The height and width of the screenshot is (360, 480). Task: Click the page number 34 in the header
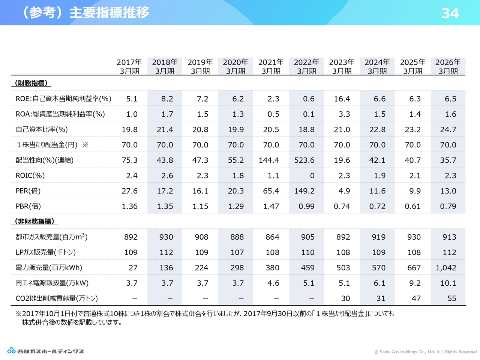click(450, 13)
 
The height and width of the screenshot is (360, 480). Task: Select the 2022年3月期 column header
click(306, 66)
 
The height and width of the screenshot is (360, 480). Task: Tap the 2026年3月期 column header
click(448, 66)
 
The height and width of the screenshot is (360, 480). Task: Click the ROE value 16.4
click(342, 99)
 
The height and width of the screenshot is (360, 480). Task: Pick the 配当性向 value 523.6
click(304, 160)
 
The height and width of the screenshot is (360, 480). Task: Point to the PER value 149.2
click(304, 191)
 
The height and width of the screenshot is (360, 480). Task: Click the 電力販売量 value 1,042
click(446, 268)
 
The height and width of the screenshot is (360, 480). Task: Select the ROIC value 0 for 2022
click(312, 175)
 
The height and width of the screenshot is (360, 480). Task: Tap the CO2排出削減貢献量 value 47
click(416, 298)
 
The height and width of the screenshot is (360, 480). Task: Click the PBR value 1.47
click(271, 206)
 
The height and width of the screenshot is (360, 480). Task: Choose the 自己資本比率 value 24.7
click(448, 129)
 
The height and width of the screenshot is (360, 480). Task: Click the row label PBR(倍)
click(28, 206)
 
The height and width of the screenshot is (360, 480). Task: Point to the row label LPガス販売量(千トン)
click(46, 252)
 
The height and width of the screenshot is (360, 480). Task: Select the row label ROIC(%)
click(30, 175)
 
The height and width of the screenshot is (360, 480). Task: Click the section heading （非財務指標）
click(34, 221)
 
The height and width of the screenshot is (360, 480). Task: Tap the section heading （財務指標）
click(31, 83)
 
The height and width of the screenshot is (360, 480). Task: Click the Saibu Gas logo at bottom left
click(45, 351)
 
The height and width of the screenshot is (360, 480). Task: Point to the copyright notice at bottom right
click(425, 352)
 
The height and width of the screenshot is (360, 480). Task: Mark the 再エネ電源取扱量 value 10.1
click(448, 283)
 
